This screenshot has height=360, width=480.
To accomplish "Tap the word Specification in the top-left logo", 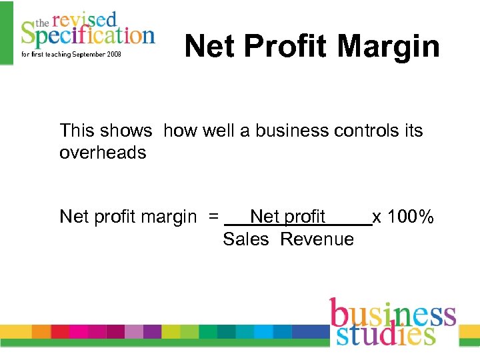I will pyautogui.click(x=87, y=33).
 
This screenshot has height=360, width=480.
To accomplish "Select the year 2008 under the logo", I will pyautogui.click(x=112, y=54).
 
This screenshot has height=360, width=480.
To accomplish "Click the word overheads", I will pyautogui.click(x=103, y=153).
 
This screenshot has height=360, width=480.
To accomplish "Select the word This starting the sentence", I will pyautogui.click(x=76, y=131).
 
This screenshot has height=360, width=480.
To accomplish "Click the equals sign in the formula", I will pyautogui.click(x=213, y=217).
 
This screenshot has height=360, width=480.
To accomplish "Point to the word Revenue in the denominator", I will pyautogui.click(x=317, y=239).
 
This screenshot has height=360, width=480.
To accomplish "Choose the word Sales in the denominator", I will pyautogui.click(x=245, y=239).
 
